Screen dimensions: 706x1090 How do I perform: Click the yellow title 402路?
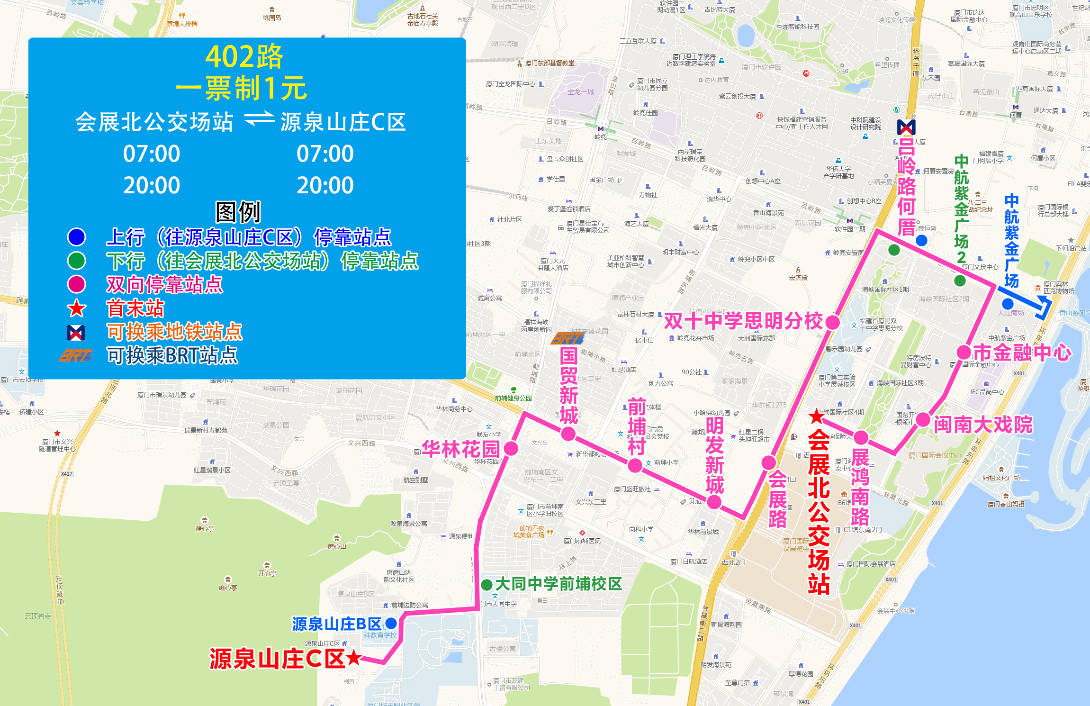(x=244, y=57)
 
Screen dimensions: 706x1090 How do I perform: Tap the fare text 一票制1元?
(x=242, y=88)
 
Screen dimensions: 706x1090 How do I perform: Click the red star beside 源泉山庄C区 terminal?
(x=353, y=658)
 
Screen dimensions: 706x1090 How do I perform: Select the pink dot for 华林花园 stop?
(x=511, y=448)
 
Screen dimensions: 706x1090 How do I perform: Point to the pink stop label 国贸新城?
(x=568, y=386)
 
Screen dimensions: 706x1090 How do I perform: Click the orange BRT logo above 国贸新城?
(x=567, y=338)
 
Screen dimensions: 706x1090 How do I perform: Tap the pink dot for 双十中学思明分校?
(x=832, y=322)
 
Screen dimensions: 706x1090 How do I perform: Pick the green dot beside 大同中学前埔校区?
(x=486, y=585)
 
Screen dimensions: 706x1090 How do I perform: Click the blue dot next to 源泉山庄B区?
(x=391, y=623)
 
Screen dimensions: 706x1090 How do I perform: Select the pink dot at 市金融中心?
(x=964, y=353)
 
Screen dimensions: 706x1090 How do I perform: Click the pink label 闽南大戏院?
(x=983, y=425)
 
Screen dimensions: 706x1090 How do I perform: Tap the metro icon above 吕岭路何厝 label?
(x=906, y=127)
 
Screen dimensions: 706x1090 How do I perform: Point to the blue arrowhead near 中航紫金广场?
(x=1044, y=308)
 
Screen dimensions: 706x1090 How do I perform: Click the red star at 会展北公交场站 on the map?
(x=816, y=417)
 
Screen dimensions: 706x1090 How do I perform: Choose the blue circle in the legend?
(x=77, y=237)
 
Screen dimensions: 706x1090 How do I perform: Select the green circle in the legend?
(x=77, y=261)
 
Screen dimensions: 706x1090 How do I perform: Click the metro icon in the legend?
(x=76, y=333)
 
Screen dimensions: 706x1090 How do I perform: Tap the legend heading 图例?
(x=238, y=212)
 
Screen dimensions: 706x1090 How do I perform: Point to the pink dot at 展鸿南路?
(x=861, y=437)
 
